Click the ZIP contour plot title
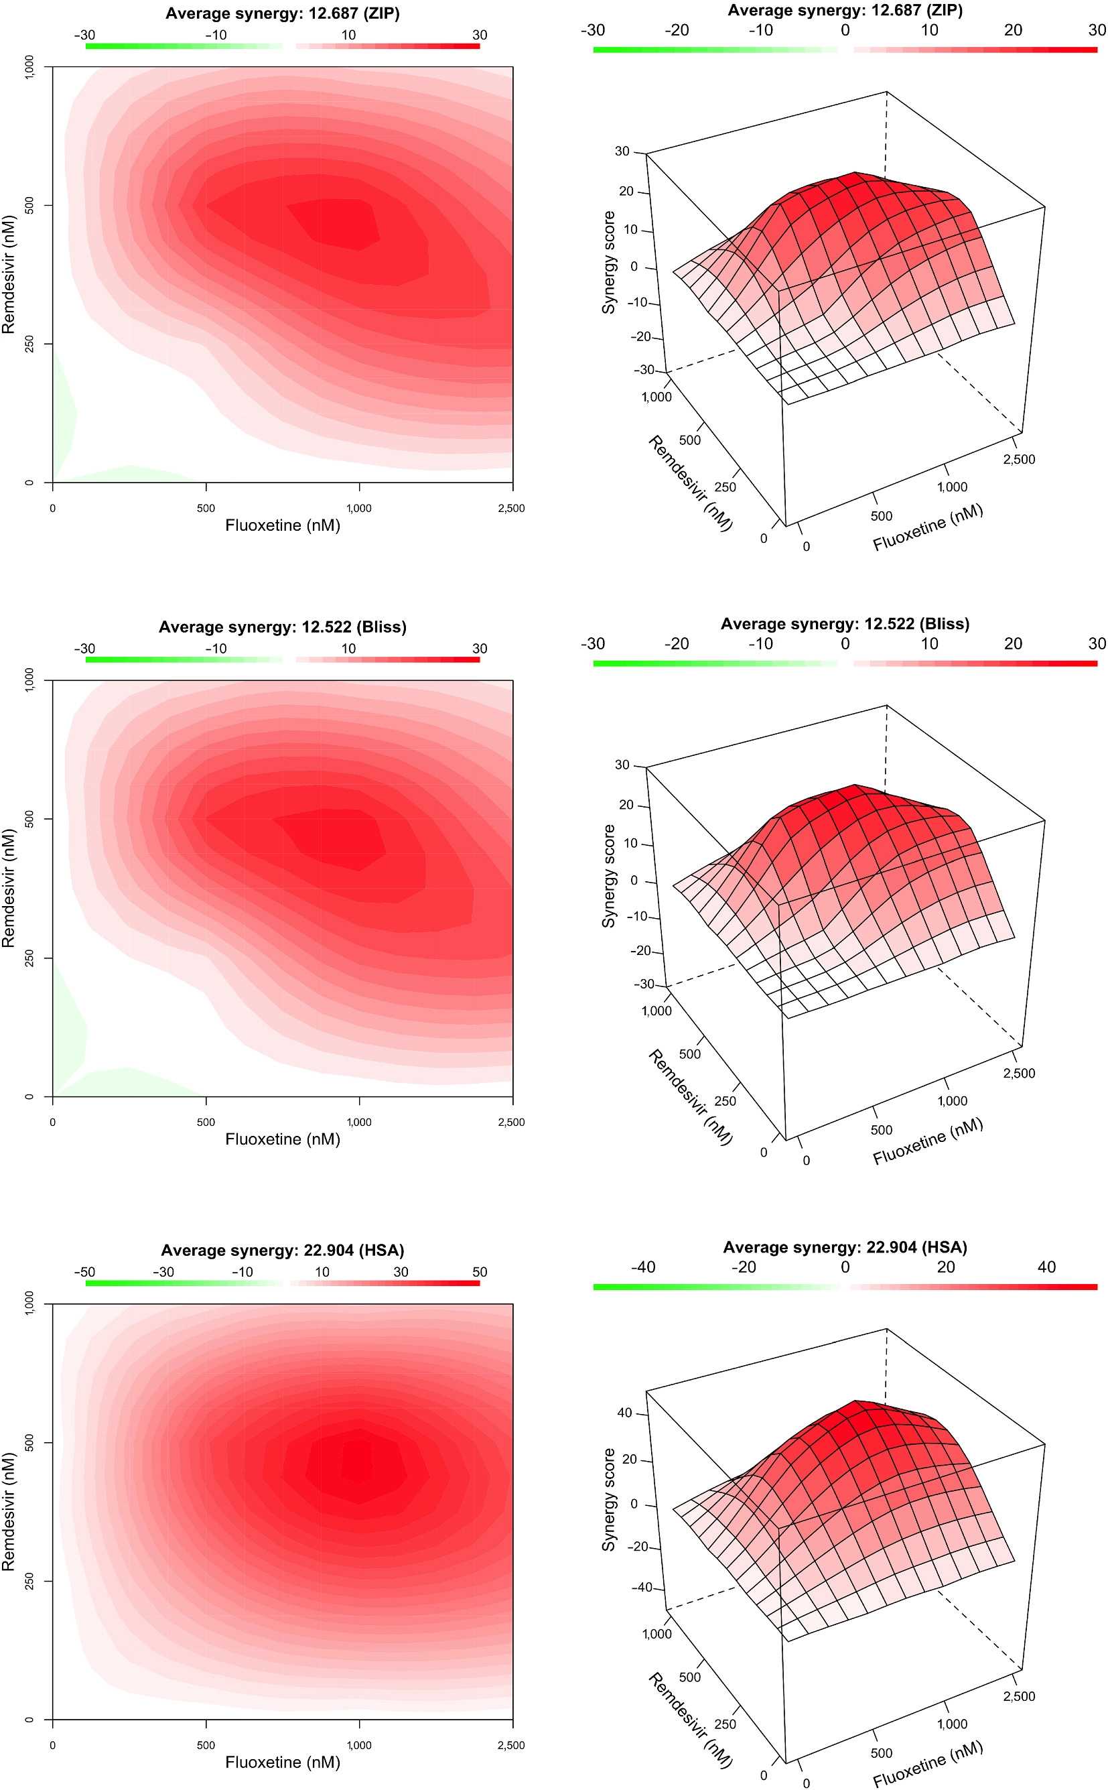(282, 13)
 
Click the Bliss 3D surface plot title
(845, 624)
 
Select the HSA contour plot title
(282, 1250)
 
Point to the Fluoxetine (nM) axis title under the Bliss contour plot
(282, 1139)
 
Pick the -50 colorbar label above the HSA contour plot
(84, 1272)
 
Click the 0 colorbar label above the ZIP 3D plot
(845, 30)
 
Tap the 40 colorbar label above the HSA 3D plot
(1046, 1267)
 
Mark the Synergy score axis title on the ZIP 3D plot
(608, 263)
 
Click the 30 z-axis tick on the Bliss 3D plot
(622, 765)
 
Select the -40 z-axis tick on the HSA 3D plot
(641, 1587)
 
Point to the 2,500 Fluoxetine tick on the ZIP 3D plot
(1019, 460)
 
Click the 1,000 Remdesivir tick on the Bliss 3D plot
(656, 1011)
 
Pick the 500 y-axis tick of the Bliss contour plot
(29, 819)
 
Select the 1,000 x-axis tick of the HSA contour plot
(359, 1744)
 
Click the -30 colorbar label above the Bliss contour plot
(84, 649)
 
